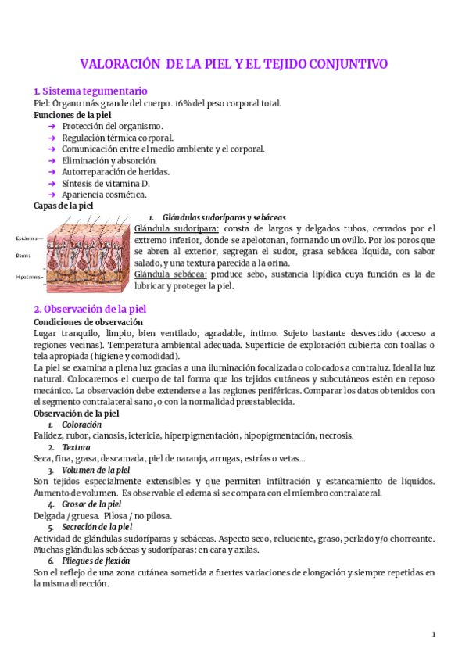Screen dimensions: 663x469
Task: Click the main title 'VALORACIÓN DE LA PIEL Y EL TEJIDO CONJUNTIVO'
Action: point(234,64)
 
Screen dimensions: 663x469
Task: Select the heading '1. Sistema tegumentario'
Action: point(85,91)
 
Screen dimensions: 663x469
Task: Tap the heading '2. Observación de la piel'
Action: point(90,309)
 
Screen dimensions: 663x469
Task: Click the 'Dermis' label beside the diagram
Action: point(26,255)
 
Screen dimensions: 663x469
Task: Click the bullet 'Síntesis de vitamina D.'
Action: point(106,183)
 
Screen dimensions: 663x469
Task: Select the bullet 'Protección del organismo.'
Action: point(113,126)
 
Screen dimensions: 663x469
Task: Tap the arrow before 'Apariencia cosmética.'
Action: point(52,195)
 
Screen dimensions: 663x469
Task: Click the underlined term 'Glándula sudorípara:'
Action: point(177,228)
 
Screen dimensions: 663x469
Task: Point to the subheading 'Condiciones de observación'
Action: point(88,321)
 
